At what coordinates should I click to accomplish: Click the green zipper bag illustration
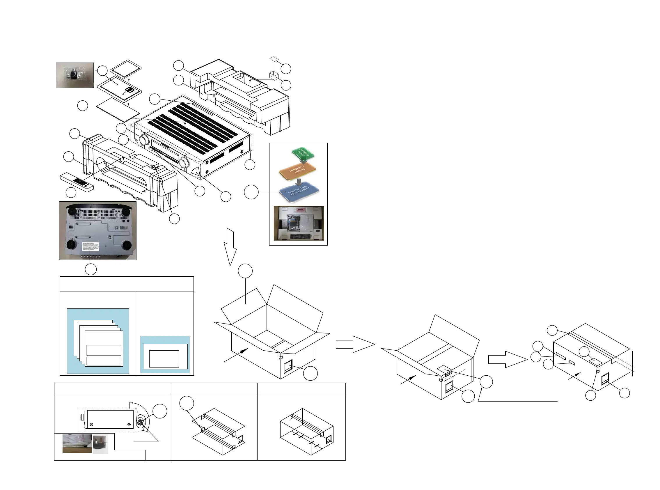click(x=303, y=153)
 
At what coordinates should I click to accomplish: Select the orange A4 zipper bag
click(x=297, y=172)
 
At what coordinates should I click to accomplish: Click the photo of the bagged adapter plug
click(x=75, y=75)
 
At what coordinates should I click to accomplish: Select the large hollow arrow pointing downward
click(x=230, y=246)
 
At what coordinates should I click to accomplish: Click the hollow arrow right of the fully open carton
click(x=355, y=344)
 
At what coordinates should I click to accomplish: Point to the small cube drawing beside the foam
click(x=274, y=75)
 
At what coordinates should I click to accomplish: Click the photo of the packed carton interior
click(x=298, y=223)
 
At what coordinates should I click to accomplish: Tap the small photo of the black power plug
click(x=100, y=444)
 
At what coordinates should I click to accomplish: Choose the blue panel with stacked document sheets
click(x=98, y=341)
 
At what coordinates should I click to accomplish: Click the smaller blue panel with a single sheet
click(x=165, y=354)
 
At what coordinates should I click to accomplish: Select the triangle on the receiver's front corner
click(x=197, y=171)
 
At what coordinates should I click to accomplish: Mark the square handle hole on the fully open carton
click(x=288, y=366)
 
